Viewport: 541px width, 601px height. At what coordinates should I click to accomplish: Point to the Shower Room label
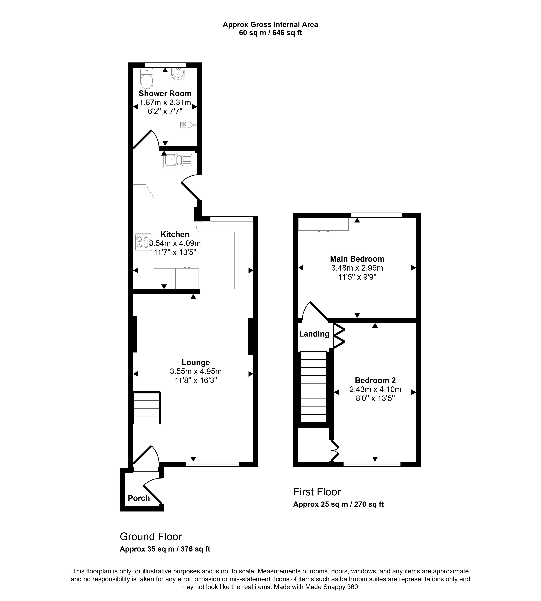point(165,94)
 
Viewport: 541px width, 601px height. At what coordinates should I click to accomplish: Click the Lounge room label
point(196,362)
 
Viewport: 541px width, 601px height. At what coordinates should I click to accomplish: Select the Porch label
point(139,498)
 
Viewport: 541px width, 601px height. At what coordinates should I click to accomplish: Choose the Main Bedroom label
point(357,259)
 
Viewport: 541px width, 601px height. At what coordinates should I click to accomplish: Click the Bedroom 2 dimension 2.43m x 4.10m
point(375,390)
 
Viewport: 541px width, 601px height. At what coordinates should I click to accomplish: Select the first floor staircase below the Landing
point(314,387)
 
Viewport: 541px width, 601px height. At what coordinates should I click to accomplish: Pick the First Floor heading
point(317,492)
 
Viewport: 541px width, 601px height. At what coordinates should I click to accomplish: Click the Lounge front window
point(212,464)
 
